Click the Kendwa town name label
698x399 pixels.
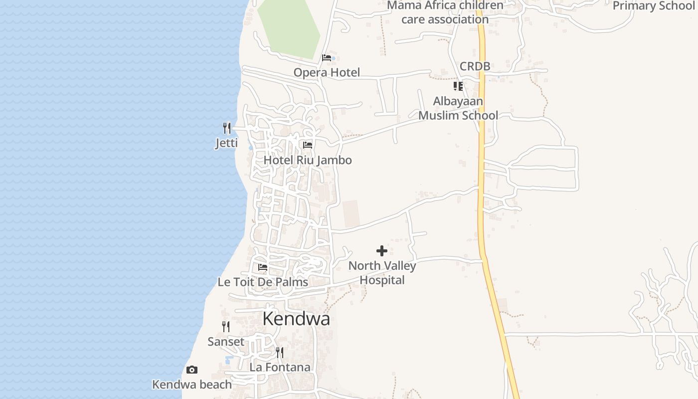click(x=296, y=319)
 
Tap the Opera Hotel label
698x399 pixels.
click(x=327, y=73)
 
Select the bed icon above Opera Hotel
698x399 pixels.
click(x=327, y=58)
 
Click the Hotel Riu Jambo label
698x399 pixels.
click(x=308, y=160)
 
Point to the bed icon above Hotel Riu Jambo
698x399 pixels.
click(x=308, y=145)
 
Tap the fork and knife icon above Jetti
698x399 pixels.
click(x=227, y=128)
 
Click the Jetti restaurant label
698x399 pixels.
click(x=226, y=144)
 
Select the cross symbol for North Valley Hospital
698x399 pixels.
click(x=382, y=251)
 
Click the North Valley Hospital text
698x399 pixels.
click(x=382, y=273)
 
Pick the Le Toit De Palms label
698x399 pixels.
click(x=263, y=282)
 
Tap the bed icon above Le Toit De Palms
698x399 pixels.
click(x=263, y=267)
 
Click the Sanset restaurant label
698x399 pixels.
click(x=226, y=342)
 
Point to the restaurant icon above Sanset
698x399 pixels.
click(x=226, y=327)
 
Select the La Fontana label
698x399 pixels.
click(x=280, y=368)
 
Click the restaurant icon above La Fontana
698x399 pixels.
click(x=280, y=353)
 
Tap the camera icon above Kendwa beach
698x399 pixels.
click(x=192, y=370)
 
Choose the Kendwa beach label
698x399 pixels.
click(x=192, y=385)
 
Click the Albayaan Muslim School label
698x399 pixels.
click(x=458, y=108)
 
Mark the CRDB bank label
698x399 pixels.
click(x=475, y=66)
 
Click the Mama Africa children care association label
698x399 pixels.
click(x=445, y=12)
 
